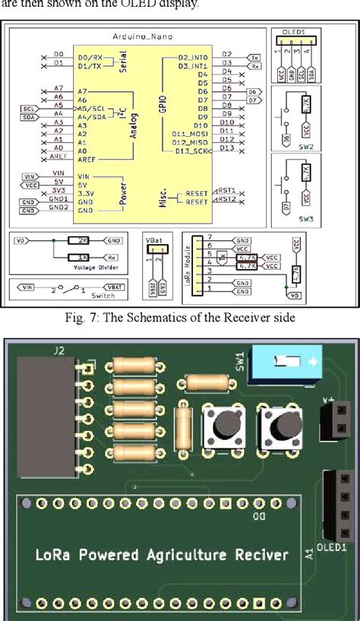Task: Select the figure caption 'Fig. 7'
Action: (180, 317)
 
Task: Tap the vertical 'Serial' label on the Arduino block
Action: (123, 62)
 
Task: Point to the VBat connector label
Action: (154, 239)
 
